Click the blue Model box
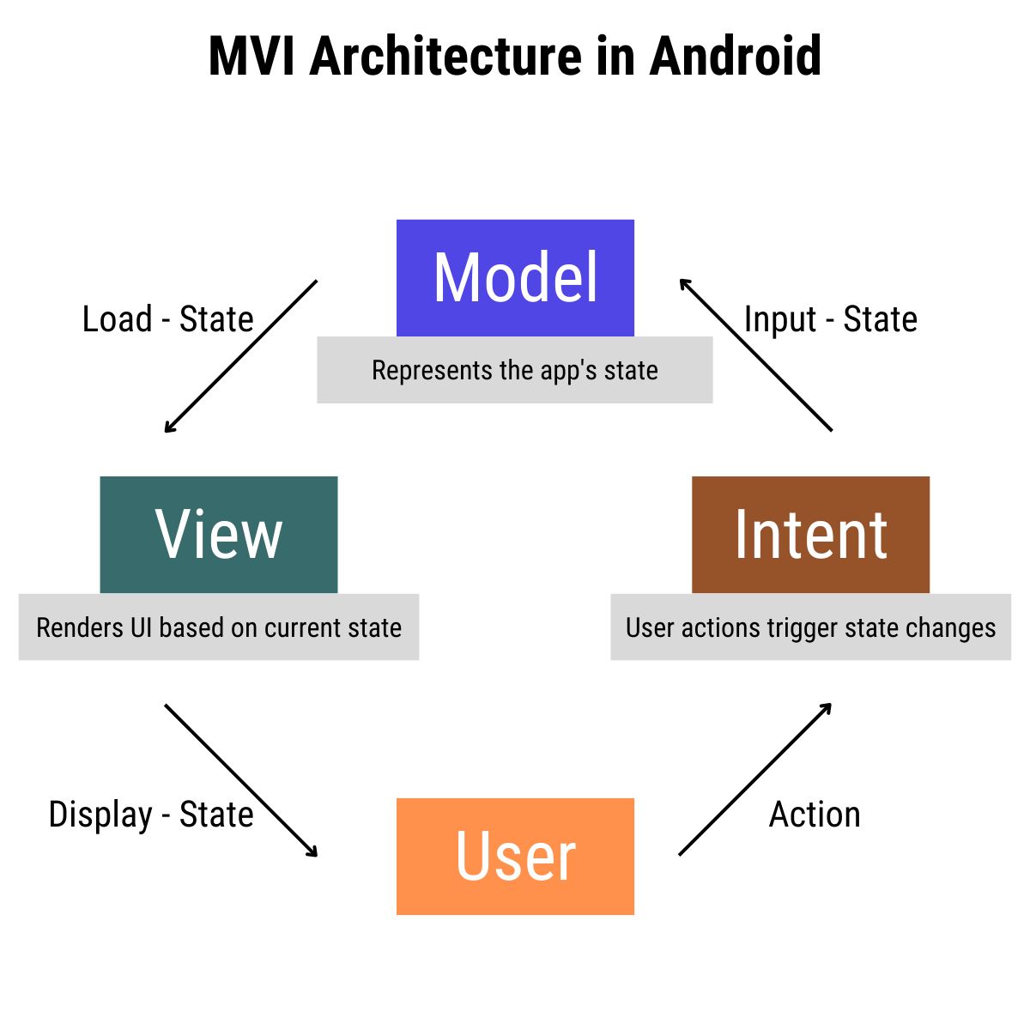(515, 277)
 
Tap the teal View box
(219, 534)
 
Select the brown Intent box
(810, 534)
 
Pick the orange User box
(515, 856)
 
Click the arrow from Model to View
(240, 356)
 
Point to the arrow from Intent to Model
(755, 354)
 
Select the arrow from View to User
(240, 780)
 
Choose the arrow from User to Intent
(755, 779)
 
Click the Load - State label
(168, 319)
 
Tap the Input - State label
(830, 319)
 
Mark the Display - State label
(151, 815)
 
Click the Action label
(815, 815)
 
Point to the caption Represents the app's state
(515, 370)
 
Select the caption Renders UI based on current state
(219, 627)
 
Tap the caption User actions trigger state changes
(810, 627)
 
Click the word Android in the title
(735, 57)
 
